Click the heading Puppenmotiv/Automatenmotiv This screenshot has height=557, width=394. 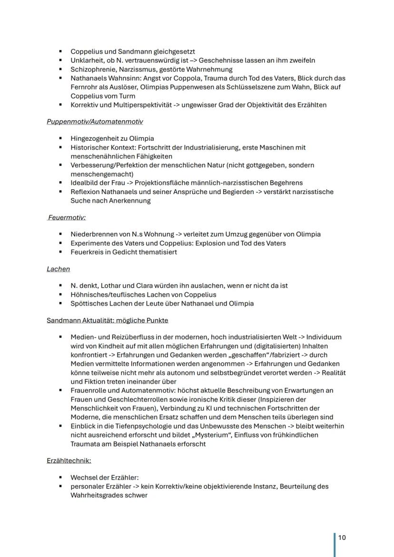tap(94, 122)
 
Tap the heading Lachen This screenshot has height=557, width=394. tap(58, 269)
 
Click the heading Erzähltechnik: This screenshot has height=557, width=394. tap(69, 461)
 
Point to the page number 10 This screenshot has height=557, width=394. tap(342, 537)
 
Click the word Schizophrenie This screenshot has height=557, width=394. tap(91, 69)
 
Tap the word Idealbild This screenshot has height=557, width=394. tap(85, 183)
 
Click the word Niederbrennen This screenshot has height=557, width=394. tap(93, 234)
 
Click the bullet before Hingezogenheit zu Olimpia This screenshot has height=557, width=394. tap(61, 139)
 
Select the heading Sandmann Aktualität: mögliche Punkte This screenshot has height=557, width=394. tap(107, 321)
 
